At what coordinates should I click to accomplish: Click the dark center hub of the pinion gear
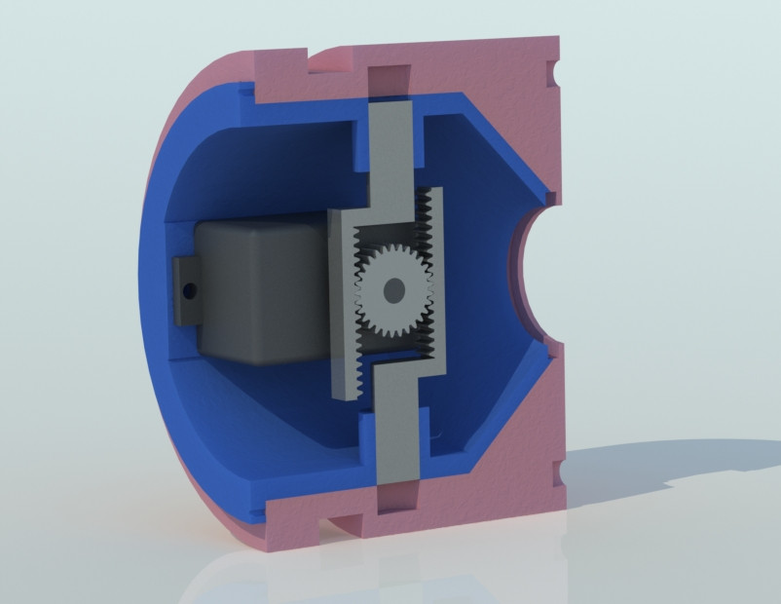(393, 290)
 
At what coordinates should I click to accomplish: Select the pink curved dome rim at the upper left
(195, 97)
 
